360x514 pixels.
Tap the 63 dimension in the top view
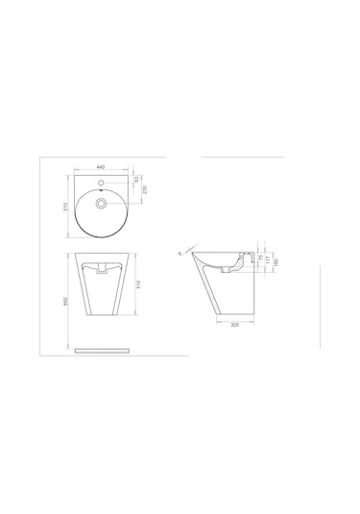tap(137, 179)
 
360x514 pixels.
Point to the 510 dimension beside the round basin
tap(63, 206)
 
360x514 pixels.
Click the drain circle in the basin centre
tap(101, 203)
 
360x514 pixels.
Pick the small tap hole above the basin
tap(101, 181)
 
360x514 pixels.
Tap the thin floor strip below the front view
tap(101, 351)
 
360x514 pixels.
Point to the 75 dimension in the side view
tap(260, 257)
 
